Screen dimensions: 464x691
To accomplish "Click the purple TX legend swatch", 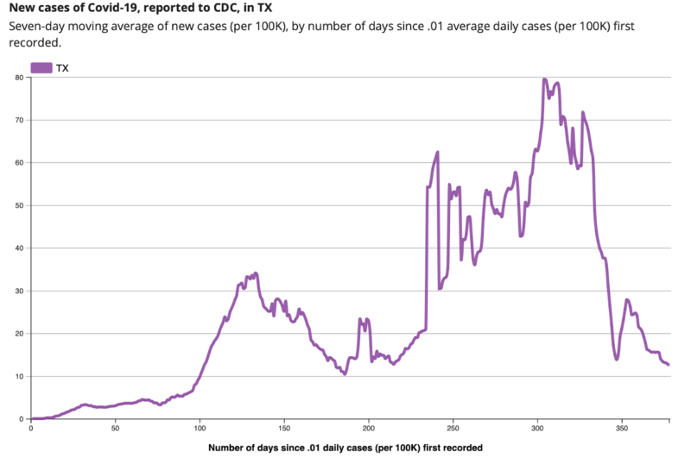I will (41, 67).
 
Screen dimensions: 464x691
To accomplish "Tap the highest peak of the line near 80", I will (544, 79).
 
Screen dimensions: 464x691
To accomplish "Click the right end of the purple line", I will (669, 365).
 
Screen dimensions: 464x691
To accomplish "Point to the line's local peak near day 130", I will (256, 273).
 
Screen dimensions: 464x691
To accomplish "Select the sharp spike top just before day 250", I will (438, 153).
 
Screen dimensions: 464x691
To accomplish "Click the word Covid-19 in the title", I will (101, 9).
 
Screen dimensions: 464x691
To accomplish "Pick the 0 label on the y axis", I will (21, 419).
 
